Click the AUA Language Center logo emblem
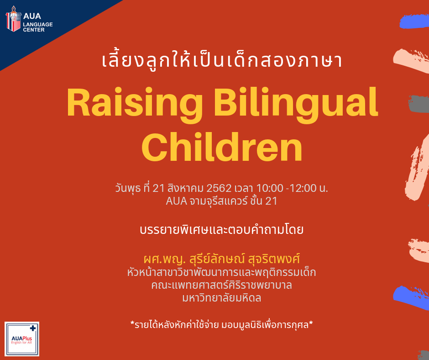(x=13, y=19)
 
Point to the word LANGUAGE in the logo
(x=38, y=24)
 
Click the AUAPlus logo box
(x=22, y=339)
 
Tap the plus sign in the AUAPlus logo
(x=33, y=328)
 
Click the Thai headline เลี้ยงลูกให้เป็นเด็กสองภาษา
(x=222, y=60)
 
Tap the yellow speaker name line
(x=222, y=259)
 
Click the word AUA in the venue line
(x=177, y=201)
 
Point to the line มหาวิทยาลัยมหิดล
(x=222, y=298)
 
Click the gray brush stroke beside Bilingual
(x=419, y=104)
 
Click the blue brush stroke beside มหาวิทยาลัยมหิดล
(x=411, y=298)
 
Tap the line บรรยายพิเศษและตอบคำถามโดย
(x=222, y=230)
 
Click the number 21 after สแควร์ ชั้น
(x=271, y=201)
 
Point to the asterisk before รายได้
(x=132, y=323)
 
